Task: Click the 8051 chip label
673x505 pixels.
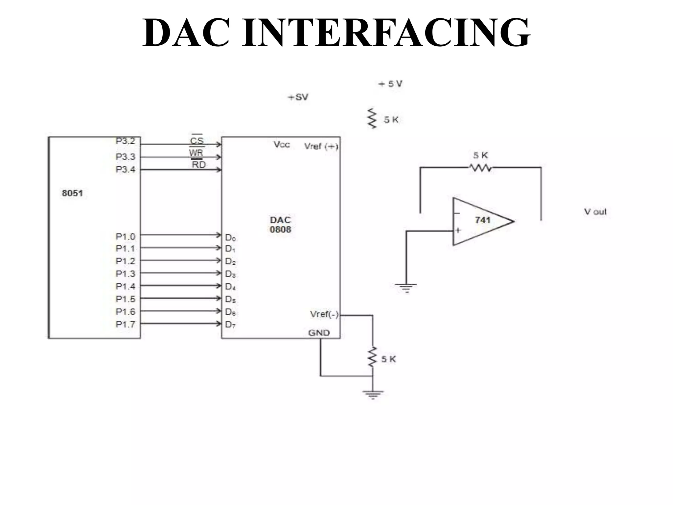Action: coord(72,193)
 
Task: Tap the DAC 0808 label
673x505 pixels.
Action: coord(280,225)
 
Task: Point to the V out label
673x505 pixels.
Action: coord(595,212)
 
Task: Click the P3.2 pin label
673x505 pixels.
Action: coord(126,141)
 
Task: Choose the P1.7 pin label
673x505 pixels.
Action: coord(126,324)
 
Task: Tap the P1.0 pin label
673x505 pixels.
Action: coord(126,236)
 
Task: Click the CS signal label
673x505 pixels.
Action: coord(197,141)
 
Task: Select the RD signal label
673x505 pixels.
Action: coord(198,164)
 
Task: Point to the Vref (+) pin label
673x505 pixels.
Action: coord(321,146)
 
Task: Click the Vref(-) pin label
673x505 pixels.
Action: coord(324,314)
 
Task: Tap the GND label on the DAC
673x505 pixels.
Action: coord(319,333)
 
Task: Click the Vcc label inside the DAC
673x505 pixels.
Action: coord(282,145)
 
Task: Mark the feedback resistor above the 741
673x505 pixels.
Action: coord(480,168)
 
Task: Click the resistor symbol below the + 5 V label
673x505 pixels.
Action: coord(372,118)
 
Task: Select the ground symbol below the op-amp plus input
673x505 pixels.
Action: coord(406,288)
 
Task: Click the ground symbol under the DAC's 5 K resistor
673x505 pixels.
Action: coord(373,394)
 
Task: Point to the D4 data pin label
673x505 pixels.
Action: coord(230,287)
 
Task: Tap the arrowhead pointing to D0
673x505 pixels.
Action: coord(218,235)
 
